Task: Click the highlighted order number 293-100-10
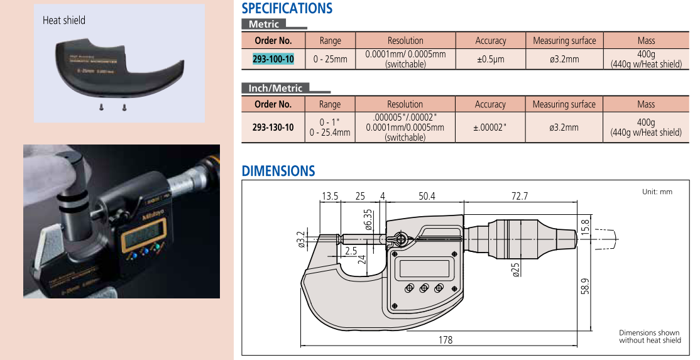273,59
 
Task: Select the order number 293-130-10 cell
273,127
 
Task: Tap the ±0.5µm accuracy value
491,59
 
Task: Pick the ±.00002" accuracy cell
490,127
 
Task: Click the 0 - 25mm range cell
331,59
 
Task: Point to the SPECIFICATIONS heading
287,8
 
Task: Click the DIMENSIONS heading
278,171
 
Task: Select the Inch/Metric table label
275,88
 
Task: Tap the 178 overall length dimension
446,340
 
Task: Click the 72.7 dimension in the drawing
520,196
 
